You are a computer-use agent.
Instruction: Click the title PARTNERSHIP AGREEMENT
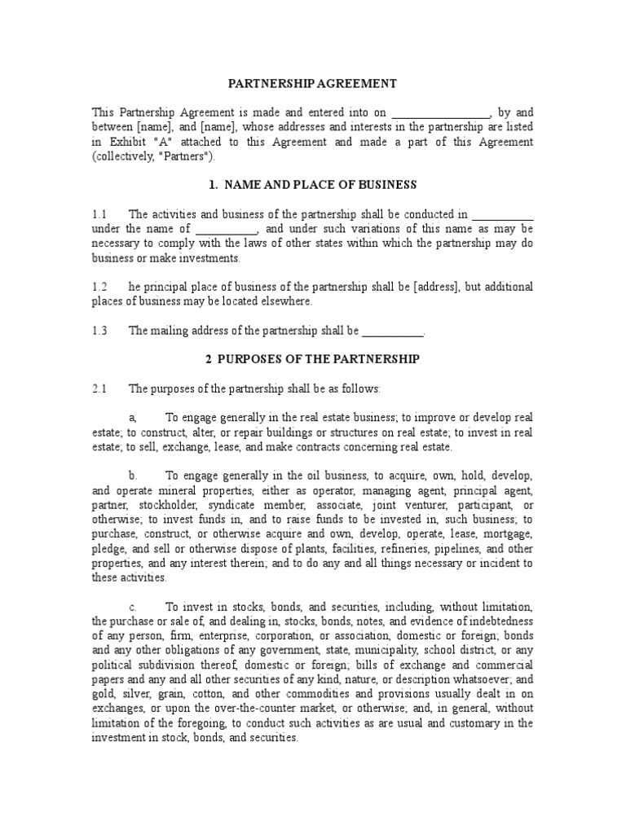(x=312, y=83)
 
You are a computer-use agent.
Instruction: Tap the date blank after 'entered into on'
(x=441, y=112)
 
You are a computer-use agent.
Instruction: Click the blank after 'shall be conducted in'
(x=502, y=214)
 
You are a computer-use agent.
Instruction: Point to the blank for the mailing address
(x=392, y=331)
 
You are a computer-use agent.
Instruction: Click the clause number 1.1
(x=99, y=215)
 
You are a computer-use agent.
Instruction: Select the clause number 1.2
(x=99, y=288)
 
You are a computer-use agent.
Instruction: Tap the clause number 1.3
(x=99, y=331)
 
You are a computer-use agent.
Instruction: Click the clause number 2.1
(x=99, y=388)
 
